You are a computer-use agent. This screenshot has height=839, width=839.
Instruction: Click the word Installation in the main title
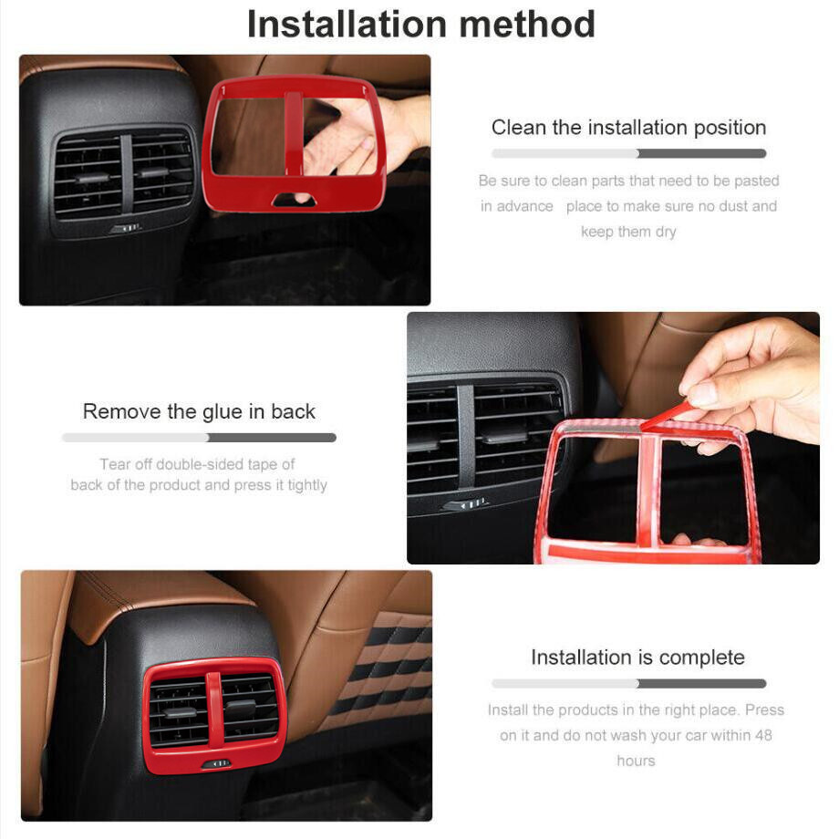[x=347, y=24]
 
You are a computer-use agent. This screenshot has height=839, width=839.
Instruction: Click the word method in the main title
[x=527, y=24]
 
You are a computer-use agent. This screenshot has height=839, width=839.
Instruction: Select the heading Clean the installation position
[x=628, y=128]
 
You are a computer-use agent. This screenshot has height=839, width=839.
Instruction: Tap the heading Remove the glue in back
[x=199, y=411]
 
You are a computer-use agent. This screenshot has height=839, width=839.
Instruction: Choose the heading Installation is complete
[x=637, y=658]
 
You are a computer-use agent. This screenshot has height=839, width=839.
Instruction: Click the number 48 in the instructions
[x=763, y=735]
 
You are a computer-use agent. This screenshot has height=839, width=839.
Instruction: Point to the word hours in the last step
[x=636, y=761]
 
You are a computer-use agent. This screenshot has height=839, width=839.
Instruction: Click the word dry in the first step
[x=665, y=232]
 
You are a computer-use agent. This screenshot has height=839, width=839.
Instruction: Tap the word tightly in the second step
[x=307, y=485]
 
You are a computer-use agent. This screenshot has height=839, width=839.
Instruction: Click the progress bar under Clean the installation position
[x=628, y=153]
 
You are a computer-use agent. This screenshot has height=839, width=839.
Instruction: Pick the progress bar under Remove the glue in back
[x=199, y=438]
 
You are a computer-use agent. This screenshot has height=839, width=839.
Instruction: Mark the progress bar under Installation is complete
[x=628, y=683]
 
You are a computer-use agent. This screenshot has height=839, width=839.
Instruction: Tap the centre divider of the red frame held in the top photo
[x=294, y=134]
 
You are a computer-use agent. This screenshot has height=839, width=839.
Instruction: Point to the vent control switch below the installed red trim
[x=217, y=764]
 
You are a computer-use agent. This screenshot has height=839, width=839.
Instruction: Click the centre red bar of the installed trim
[x=214, y=710]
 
